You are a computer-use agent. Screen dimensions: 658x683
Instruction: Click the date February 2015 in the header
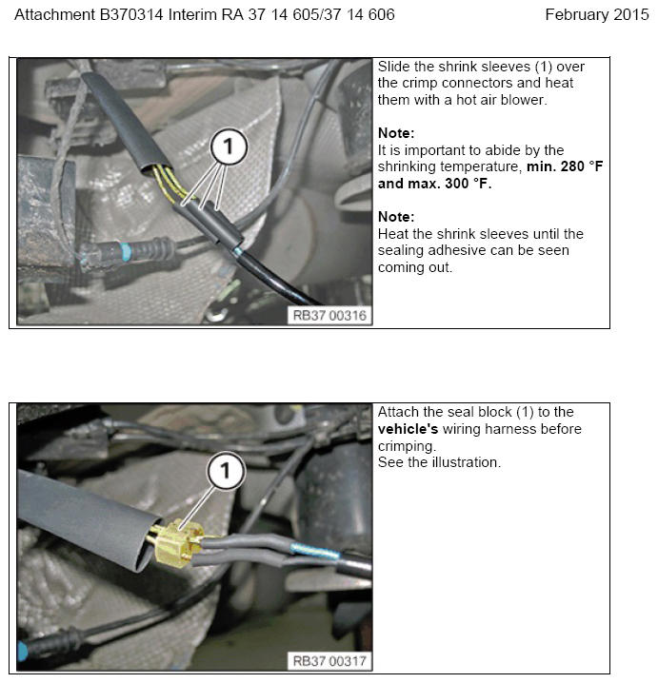[596, 15]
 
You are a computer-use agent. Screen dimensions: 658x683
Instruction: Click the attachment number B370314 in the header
[131, 15]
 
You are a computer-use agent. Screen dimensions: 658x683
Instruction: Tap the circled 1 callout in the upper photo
[229, 146]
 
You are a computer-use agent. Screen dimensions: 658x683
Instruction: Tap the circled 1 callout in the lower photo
[225, 471]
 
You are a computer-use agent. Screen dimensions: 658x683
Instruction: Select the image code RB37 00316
[329, 316]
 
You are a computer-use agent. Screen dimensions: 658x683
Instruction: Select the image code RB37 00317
[329, 661]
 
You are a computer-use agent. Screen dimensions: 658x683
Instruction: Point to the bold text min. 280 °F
[565, 166]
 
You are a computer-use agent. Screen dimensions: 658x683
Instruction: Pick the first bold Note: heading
[396, 133]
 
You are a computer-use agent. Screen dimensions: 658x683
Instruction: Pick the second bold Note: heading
[396, 217]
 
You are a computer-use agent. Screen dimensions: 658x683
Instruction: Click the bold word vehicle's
[408, 429]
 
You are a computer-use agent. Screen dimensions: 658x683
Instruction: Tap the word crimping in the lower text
[407, 446]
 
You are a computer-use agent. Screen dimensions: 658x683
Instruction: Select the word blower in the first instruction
[524, 100]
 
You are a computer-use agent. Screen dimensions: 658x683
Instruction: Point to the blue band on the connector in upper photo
[126, 252]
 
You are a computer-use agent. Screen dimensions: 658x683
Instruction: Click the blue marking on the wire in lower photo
[315, 552]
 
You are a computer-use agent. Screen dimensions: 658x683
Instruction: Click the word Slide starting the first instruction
[394, 67]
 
